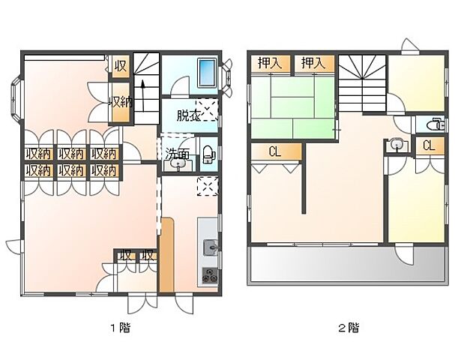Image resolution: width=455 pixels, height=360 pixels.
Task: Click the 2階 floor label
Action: (349, 327)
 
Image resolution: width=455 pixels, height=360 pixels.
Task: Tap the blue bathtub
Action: (205, 74)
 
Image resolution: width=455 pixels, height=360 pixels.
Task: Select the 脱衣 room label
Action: (187, 115)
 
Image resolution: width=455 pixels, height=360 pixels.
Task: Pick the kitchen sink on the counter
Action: (209, 246)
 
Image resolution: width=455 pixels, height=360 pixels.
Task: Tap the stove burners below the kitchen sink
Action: (209, 274)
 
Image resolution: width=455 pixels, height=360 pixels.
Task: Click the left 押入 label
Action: (270, 64)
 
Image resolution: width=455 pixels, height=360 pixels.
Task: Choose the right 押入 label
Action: (313, 64)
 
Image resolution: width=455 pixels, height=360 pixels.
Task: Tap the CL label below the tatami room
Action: (275, 151)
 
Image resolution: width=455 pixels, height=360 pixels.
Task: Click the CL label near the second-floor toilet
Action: (429, 145)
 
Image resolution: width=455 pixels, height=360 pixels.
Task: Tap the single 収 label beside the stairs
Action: (120, 66)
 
